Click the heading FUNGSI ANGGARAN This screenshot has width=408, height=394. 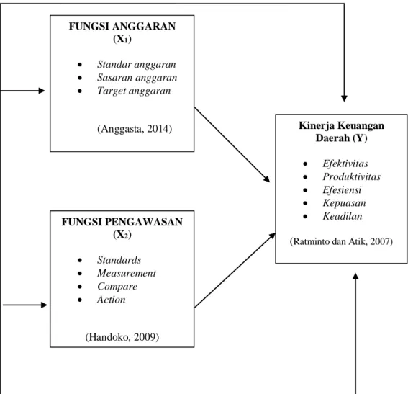tap(122, 27)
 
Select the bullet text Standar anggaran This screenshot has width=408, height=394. tap(137, 65)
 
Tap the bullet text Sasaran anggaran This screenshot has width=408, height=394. tap(137, 78)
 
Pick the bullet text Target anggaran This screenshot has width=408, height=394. tap(134, 91)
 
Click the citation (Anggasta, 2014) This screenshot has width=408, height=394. tap(135, 129)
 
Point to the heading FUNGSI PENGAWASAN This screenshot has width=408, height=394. tap(122, 222)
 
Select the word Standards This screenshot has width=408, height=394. tap(119, 260)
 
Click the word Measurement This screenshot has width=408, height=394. tap(127, 273)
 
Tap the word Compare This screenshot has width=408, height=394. tap(117, 287)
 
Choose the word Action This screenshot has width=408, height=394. tap(112, 300)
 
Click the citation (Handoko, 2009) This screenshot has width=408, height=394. tap(122, 337)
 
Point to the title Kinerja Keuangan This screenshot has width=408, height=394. tap(341, 126)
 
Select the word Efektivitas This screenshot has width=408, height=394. tap(345, 164)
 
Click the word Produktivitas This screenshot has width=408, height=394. tap(352, 176)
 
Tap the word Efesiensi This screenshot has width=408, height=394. tap(342, 190)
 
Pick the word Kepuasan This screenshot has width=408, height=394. tap(344, 203)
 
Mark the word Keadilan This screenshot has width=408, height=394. tap(343, 216)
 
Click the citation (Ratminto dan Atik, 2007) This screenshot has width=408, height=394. tap(341, 242)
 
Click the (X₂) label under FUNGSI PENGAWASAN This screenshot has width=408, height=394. tap(122, 235)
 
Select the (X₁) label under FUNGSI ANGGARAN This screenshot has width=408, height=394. tap(122, 39)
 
